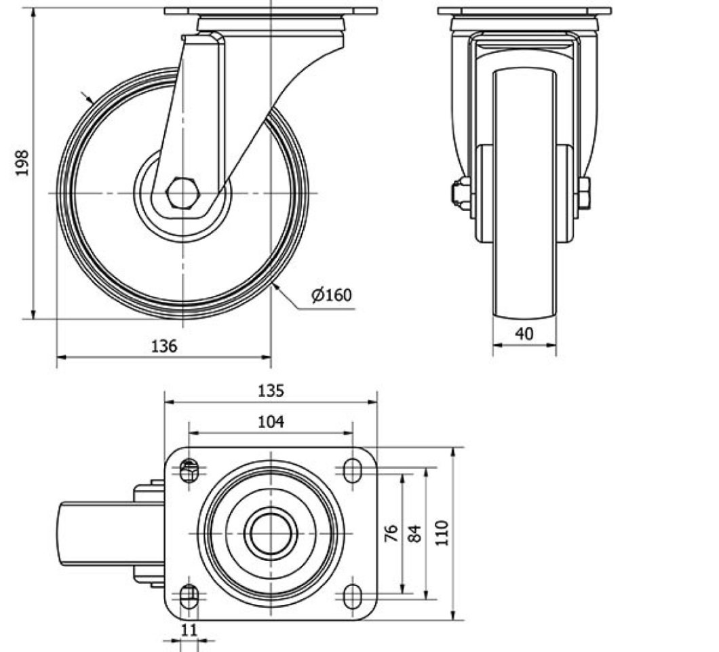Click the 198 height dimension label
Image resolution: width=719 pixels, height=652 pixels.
(22, 162)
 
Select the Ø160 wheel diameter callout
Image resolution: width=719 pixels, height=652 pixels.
(332, 294)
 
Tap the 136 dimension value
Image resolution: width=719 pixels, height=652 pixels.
(163, 346)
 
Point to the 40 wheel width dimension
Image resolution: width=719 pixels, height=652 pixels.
(524, 333)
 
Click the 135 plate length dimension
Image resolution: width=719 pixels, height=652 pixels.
(271, 391)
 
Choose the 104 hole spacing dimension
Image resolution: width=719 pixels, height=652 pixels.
(271, 421)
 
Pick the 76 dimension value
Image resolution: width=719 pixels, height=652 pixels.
(391, 534)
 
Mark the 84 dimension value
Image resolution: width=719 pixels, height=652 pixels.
(414, 534)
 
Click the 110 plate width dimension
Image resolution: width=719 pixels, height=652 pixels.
(442, 533)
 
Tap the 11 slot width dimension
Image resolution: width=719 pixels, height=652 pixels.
(189, 630)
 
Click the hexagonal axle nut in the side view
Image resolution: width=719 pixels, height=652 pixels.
(182, 193)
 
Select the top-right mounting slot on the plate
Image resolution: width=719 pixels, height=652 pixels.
(352, 470)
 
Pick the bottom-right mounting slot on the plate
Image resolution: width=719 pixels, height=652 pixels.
(352, 596)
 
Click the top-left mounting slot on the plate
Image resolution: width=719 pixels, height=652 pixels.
(189, 470)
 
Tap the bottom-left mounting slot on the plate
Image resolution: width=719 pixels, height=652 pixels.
(189, 596)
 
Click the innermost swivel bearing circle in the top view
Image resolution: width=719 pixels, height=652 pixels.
(271, 534)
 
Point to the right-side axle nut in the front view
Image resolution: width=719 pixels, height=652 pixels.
(584, 193)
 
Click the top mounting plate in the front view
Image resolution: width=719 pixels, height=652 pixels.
(524, 11)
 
